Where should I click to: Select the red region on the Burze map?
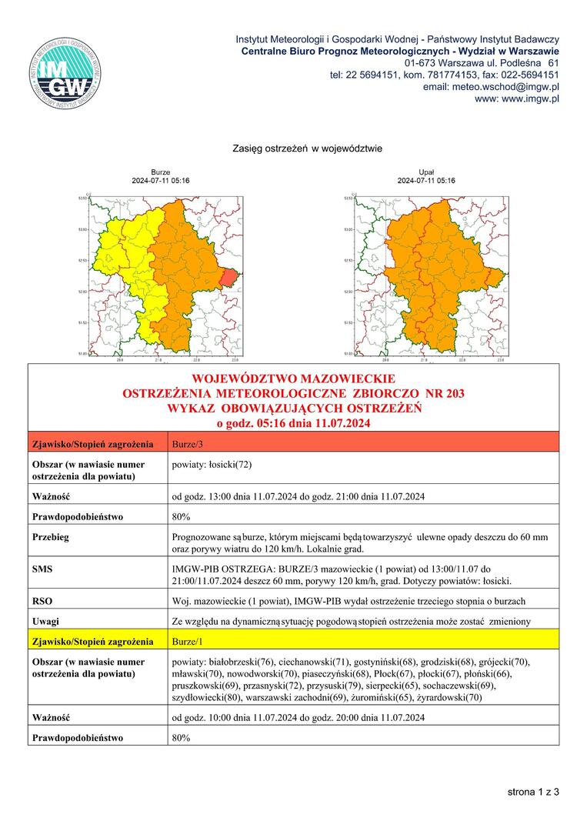point(228,276)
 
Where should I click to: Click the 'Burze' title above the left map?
point(161,172)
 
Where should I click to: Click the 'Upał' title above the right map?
point(425,172)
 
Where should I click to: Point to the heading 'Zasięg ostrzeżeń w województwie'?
point(307,148)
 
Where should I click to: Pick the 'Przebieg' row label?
point(50,537)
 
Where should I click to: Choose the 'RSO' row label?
point(42,602)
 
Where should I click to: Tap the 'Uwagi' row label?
point(45,621)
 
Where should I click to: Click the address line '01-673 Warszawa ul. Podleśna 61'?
point(482,62)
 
